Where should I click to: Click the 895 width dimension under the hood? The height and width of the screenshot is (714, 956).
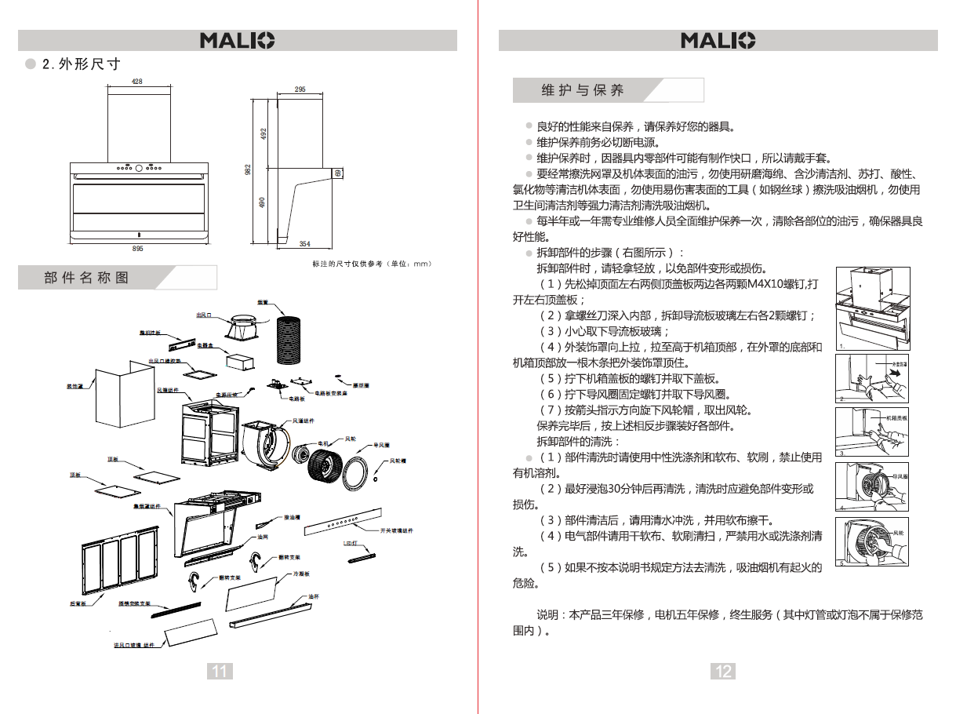coord(137,248)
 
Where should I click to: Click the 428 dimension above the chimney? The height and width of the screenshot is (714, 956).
coord(137,82)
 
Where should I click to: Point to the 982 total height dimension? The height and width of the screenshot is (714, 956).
coord(248,169)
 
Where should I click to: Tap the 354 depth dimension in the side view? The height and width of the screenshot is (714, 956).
coord(305,244)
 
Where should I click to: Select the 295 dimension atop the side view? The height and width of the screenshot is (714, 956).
coord(300,89)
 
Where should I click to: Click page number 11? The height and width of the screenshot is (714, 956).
coord(220,671)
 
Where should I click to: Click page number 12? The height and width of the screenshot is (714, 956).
coord(723,671)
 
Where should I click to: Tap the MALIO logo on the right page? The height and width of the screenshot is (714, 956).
coord(718,40)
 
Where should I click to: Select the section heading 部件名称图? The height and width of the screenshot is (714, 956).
coord(86,278)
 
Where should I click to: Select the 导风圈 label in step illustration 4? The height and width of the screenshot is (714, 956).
coord(900,476)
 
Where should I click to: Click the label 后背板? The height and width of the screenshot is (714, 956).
coord(77,603)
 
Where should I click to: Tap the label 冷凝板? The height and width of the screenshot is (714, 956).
coord(301,574)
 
